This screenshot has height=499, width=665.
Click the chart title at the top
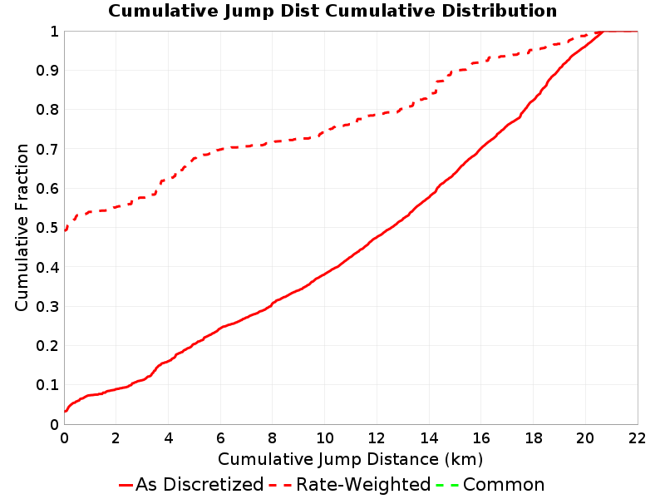(332, 11)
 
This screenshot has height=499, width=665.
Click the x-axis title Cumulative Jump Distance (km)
(350, 459)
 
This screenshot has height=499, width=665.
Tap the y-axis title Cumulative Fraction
(22, 227)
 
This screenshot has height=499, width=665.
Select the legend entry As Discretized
(199, 484)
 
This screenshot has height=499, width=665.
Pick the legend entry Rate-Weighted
(363, 484)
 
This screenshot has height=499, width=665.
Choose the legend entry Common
(504, 484)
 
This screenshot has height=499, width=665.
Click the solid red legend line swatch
(126, 485)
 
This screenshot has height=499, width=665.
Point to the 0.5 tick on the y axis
(47, 228)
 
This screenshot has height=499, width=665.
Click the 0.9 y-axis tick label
(47, 71)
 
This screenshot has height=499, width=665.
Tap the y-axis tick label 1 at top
(54, 32)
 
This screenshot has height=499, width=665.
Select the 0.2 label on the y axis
(47, 346)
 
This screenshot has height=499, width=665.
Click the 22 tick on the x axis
(637, 438)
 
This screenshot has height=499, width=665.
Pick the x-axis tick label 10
(324, 438)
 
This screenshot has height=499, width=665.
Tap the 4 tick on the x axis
(169, 438)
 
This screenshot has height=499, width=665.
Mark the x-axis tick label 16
(481, 438)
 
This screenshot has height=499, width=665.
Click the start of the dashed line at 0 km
(65, 230)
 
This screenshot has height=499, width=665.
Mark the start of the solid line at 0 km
(65, 411)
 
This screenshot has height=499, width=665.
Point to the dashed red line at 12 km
(377, 115)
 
